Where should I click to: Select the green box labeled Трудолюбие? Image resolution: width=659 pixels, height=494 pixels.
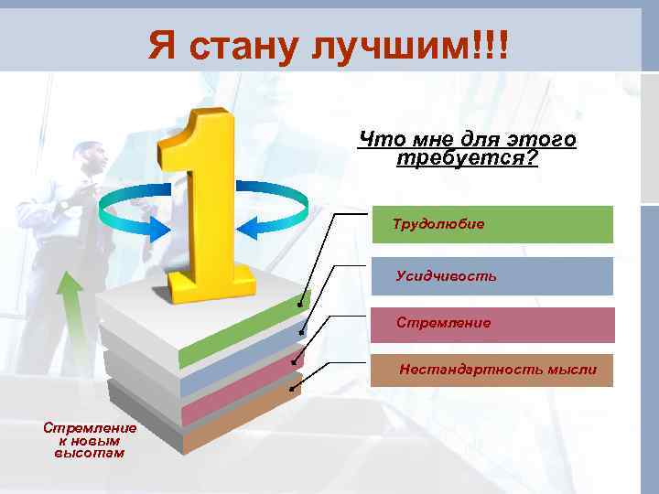492,224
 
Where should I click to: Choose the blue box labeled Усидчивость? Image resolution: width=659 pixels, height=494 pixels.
492,275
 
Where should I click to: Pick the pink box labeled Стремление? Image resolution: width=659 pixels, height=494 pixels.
492,324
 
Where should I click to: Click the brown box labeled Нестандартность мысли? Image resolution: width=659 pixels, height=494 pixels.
492,370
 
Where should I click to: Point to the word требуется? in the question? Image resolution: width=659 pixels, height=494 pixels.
467,158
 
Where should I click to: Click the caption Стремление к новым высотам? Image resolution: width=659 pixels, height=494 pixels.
89,439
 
